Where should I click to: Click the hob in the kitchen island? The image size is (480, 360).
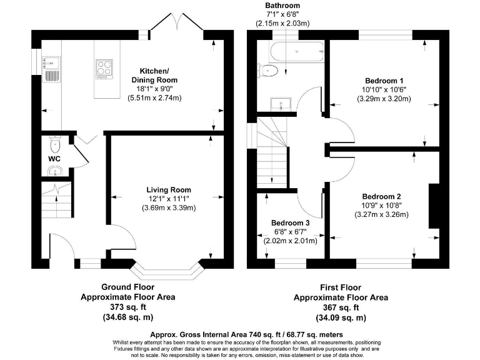click(104, 69)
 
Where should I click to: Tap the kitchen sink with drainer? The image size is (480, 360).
click(51, 69)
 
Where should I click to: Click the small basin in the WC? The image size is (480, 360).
click(56, 171)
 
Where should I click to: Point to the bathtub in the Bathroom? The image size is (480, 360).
click(296, 51)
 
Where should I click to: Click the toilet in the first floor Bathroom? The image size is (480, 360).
click(267, 71)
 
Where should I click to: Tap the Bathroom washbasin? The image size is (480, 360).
click(281, 104)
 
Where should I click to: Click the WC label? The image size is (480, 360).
click(54, 159)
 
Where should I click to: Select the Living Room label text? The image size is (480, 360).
click(168, 190)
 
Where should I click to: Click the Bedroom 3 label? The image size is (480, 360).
click(290, 223)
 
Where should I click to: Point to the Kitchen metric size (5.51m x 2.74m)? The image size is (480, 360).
click(154, 98)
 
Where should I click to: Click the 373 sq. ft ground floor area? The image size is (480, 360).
click(128, 307)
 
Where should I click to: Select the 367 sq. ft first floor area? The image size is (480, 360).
click(341, 307)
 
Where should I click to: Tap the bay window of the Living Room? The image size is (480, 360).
click(167, 268)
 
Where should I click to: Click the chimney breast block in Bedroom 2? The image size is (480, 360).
click(434, 206)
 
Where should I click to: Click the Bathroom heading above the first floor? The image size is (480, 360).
click(282, 6)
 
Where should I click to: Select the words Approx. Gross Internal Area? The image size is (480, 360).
click(199, 334)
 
